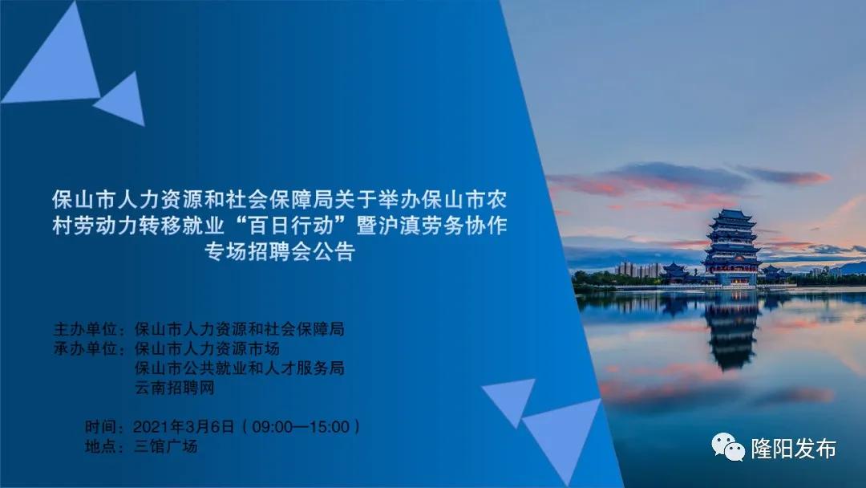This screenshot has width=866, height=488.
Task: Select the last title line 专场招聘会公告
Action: tap(279, 251)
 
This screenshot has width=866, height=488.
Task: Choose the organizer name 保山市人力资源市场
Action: tap(207, 349)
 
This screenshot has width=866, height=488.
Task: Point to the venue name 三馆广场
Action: tap(165, 446)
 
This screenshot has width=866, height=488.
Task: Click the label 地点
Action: tap(100, 446)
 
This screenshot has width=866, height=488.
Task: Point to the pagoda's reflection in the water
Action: tap(731, 333)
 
